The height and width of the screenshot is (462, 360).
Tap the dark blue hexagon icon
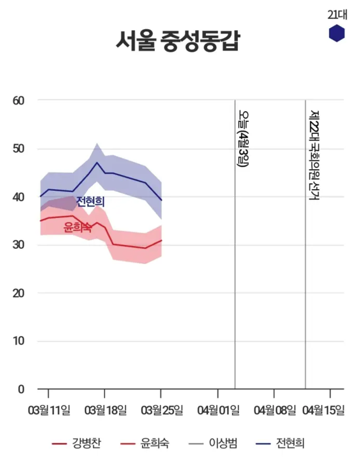tap(337, 33)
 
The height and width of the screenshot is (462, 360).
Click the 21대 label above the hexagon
tap(337, 14)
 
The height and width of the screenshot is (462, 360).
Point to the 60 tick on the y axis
tap(19, 100)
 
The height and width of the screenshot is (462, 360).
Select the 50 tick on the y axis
tap(19, 148)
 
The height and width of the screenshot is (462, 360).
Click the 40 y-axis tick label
tap(19, 197)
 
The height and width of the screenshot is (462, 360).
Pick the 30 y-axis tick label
tap(19, 245)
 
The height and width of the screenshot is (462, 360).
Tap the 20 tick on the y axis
tap(19, 293)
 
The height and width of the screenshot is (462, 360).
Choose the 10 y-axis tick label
tap(19, 341)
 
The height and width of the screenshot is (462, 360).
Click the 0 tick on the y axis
tap(21, 389)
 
